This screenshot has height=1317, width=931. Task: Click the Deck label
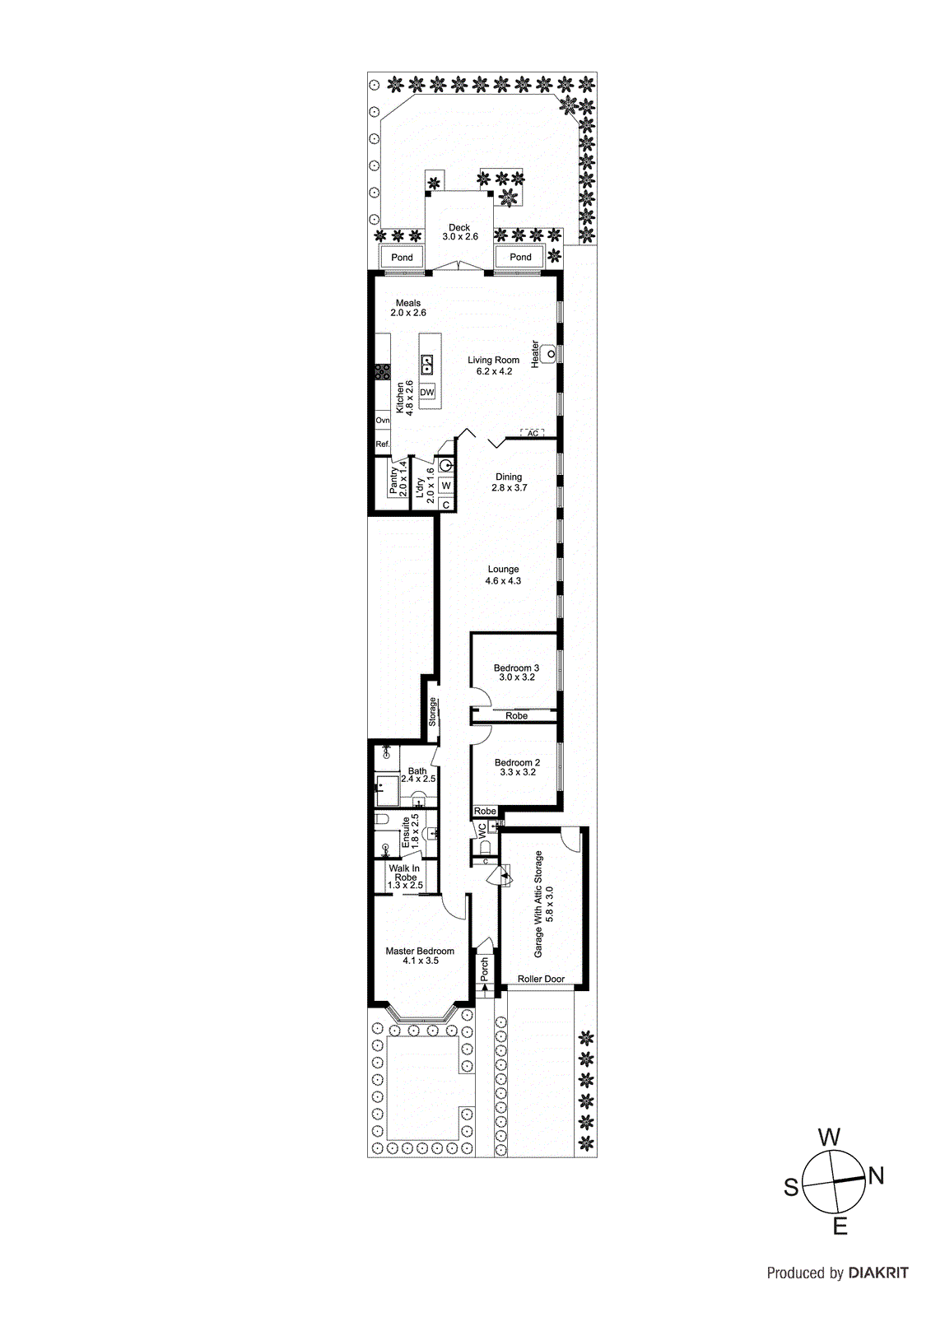459,232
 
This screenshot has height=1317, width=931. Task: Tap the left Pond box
402,257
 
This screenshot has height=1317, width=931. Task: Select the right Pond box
520,257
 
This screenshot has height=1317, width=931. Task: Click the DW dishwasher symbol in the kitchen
426,393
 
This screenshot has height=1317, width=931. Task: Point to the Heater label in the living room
535,354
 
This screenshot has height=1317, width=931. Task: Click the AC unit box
533,433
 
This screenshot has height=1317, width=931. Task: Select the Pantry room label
398,478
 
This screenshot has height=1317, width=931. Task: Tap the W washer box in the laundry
445,486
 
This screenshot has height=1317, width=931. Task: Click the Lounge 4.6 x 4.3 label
503,575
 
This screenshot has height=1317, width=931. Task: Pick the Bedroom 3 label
516,672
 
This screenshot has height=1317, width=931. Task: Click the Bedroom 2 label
517,767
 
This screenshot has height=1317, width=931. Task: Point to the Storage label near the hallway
432,712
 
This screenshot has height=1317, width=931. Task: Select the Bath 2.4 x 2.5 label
417,775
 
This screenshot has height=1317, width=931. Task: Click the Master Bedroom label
420,956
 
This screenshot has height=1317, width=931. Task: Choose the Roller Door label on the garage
541,979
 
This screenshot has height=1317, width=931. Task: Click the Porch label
485,968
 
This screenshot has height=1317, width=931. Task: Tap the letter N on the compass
876,1176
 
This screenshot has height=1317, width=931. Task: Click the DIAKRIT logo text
878,1273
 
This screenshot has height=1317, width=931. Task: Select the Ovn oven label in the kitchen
383,420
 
